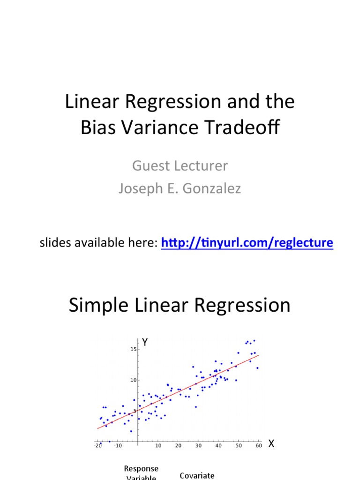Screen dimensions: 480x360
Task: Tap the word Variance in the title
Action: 163,127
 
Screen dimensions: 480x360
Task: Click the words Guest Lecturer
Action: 180,165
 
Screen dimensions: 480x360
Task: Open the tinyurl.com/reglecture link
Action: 247,242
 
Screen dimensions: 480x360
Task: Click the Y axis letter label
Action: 145,343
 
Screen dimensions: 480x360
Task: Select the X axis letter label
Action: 271,444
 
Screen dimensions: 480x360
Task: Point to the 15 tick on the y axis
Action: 134,349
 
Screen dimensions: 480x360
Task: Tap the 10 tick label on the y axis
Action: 134,380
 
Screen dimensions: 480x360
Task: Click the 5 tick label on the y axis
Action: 135,411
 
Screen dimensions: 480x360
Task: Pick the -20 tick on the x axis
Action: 97,445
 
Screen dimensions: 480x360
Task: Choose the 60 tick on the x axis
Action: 259,445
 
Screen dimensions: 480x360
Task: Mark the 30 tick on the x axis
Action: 198,445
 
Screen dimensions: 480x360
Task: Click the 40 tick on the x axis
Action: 218,445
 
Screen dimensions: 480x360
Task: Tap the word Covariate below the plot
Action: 197,475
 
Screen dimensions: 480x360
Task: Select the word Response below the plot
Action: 141,469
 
